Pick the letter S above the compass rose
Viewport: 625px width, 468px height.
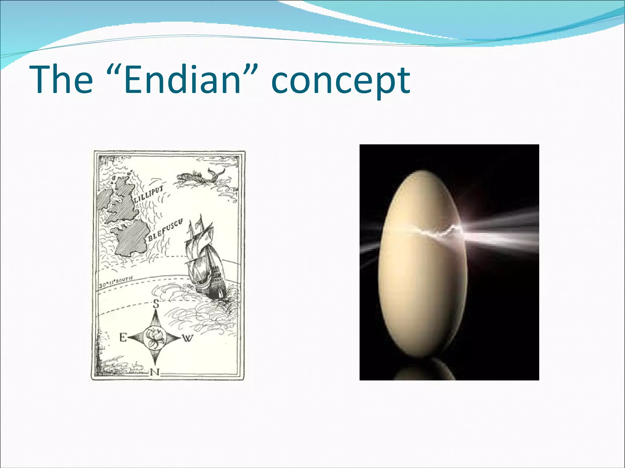(156, 304)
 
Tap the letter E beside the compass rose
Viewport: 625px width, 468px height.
(123, 338)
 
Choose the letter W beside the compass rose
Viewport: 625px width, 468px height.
(188, 338)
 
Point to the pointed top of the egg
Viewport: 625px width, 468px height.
(423, 172)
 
